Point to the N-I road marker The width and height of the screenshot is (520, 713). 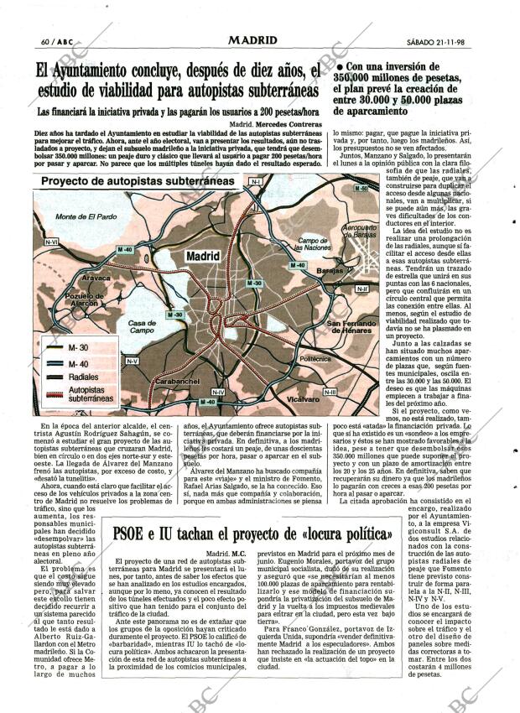click(256, 181)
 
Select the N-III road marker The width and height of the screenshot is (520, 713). click(329, 391)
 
